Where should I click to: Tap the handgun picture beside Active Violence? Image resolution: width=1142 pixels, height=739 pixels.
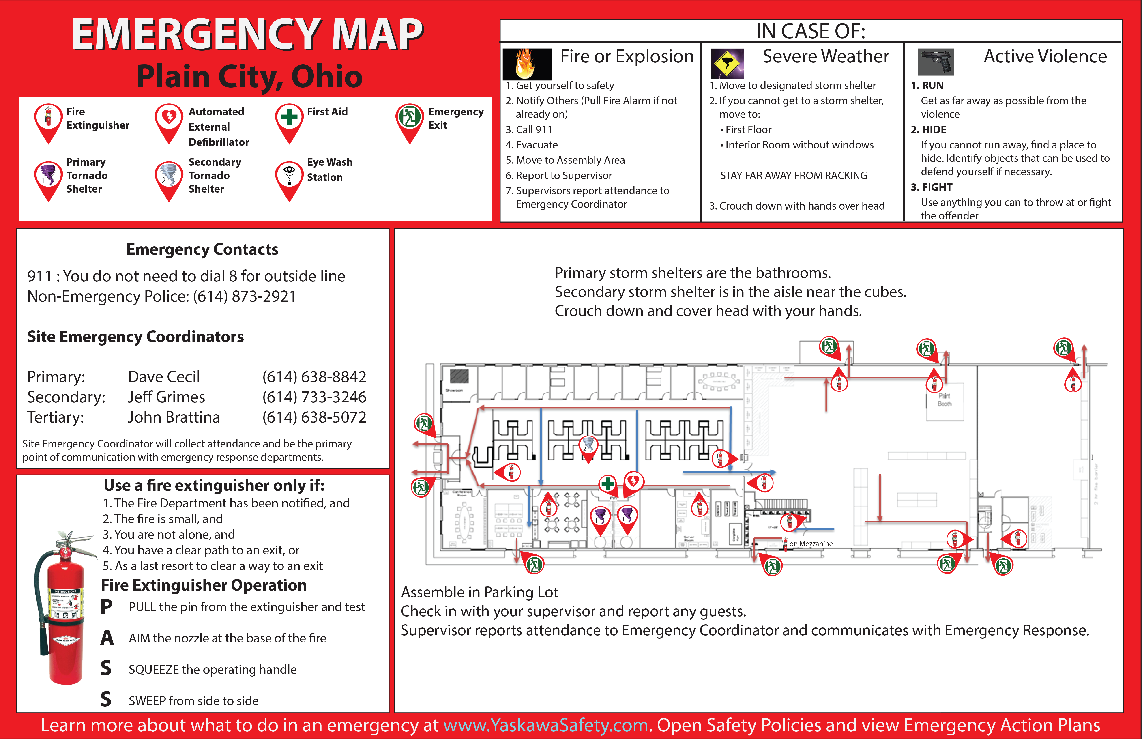(936, 61)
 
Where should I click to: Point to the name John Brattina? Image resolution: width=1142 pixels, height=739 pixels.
(174, 417)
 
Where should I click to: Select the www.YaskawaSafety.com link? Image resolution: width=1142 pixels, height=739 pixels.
(545, 725)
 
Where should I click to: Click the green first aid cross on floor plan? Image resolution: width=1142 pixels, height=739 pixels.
(608, 483)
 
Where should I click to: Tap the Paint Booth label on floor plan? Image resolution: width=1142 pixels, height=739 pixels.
(944, 400)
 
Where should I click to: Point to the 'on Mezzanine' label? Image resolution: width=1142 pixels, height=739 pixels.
(811, 544)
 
